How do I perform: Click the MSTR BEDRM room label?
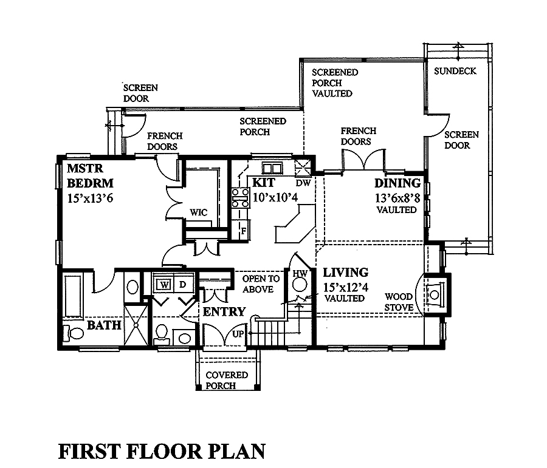pyautogui.click(x=91, y=175)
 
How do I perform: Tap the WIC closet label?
pyautogui.click(x=198, y=212)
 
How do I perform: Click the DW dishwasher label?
pyautogui.click(x=303, y=183)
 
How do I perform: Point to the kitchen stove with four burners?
pyautogui.click(x=240, y=198)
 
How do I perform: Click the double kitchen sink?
pyautogui.click(x=271, y=168)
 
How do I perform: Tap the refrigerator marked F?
pyautogui.click(x=242, y=231)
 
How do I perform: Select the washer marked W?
pyautogui.click(x=163, y=284)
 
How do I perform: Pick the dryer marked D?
pyautogui.click(x=182, y=284)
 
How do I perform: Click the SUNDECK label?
pyautogui.click(x=455, y=71)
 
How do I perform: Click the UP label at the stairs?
pyautogui.click(x=238, y=334)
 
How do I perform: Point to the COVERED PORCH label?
pyautogui.click(x=226, y=380)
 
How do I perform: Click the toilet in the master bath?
pyautogui.click(x=72, y=333)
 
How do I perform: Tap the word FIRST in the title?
pyautogui.click(x=90, y=452)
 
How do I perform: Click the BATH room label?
pyautogui.click(x=103, y=326)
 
